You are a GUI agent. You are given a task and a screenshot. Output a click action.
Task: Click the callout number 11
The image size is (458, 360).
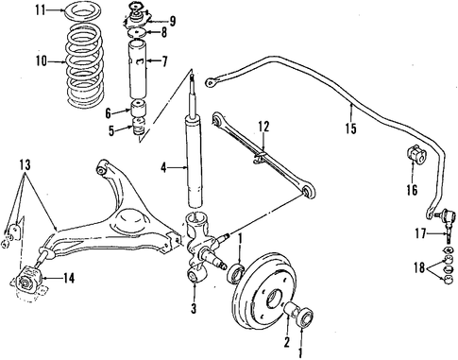pos(41,10)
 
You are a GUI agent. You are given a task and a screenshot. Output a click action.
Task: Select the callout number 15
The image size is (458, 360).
pos(350,129)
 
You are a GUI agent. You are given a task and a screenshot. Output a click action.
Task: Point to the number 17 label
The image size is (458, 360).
pos(420,233)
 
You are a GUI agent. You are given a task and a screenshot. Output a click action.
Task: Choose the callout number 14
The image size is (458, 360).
pos(69,278)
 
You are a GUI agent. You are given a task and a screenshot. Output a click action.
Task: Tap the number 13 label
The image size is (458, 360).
pos(25,164)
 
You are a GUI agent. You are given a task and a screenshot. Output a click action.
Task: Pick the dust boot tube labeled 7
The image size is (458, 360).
pos(138,69)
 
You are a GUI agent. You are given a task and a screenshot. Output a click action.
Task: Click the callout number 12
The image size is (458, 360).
pos(263,127)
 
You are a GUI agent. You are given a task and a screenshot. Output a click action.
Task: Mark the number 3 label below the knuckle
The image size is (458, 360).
pos(194,308)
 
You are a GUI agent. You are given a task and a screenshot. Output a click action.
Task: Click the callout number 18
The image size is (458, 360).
pos(419,267)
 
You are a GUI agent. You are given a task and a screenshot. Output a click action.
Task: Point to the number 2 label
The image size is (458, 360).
pos(286,342)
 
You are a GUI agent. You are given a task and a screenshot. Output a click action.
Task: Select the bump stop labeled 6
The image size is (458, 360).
pos(138,108)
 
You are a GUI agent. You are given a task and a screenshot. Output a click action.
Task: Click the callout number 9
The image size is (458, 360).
pos(172,21)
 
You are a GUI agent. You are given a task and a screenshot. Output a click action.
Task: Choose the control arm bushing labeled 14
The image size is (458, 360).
pos(28,279)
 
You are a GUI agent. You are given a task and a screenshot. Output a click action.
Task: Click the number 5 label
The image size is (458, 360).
pos(111,130)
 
